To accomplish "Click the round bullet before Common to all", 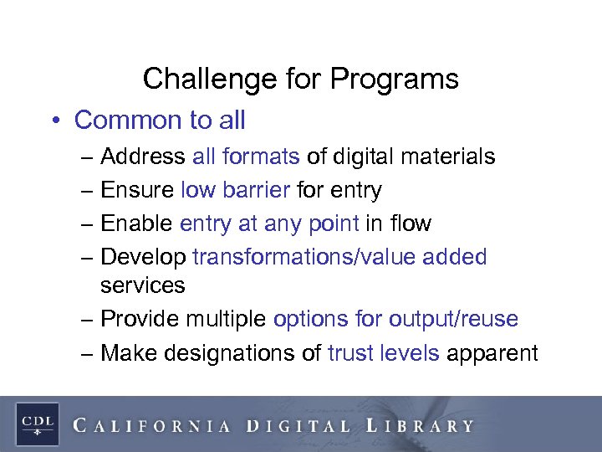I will [53, 121].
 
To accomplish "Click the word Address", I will [143, 157].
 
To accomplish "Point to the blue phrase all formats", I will [246, 157].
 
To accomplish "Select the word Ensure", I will [137, 190].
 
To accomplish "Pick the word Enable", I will [136, 223].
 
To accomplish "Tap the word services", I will [142, 285].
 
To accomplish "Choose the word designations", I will [245, 352].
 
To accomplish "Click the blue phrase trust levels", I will [383, 352].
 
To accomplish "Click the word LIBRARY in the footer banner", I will [421, 425].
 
